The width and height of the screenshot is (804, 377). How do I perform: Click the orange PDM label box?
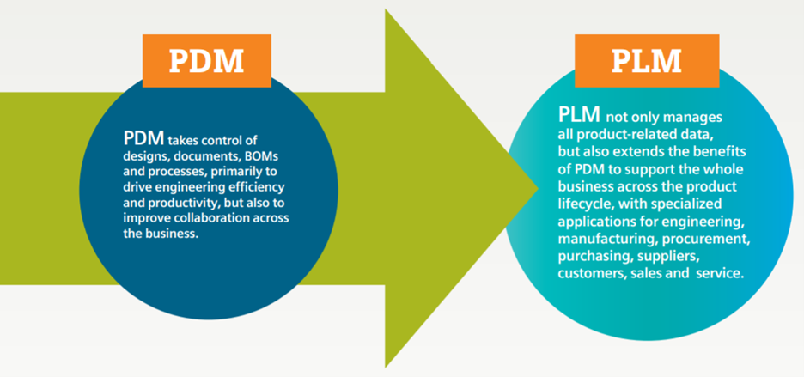pyautogui.click(x=205, y=61)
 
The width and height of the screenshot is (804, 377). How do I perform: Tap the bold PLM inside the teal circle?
pyautogui.click(x=580, y=115)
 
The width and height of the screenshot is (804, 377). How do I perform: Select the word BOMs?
pyautogui.click(x=265, y=155)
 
